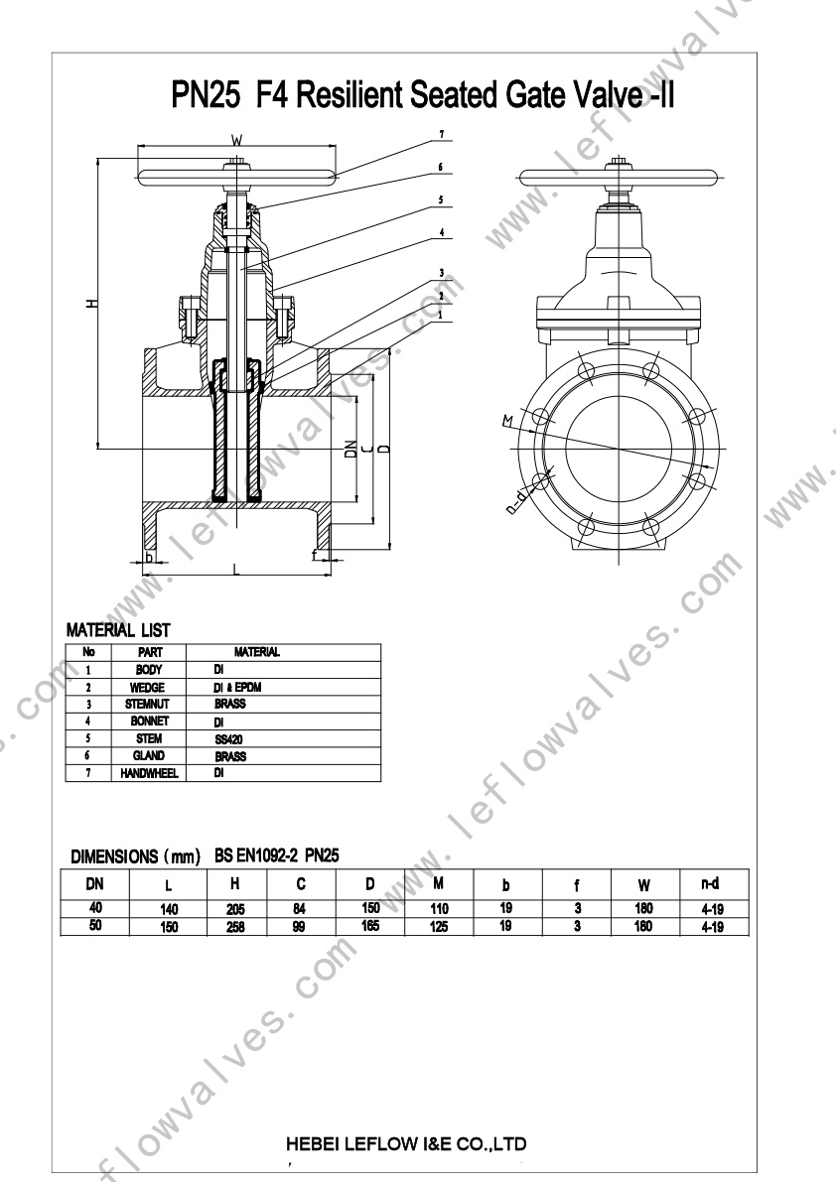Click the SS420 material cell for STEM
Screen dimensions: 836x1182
pos(228,739)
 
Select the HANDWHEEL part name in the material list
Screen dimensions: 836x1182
pos(149,773)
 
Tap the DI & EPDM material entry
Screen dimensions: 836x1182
pos(237,688)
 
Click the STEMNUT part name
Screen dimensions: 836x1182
pos(148,704)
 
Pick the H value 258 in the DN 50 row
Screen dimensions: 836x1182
pos(236,927)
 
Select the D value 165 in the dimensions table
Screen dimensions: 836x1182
pos(370,926)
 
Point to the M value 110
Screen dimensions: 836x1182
pos(439,909)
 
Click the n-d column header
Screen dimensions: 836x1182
pos(710,883)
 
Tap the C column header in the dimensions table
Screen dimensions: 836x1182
pos(301,884)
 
